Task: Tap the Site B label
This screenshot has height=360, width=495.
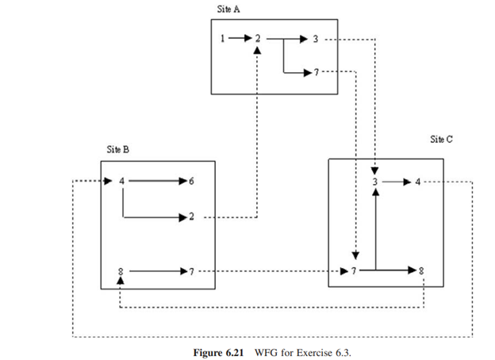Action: click(x=118, y=148)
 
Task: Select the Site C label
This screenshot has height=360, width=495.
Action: click(x=442, y=139)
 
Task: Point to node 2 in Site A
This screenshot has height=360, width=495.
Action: click(x=258, y=37)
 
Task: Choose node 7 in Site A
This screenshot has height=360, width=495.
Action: click(x=316, y=73)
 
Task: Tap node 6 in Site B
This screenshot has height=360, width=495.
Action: click(x=191, y=182)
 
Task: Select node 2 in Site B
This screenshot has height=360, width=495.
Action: click(x=191, y=216)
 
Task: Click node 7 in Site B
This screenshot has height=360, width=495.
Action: click(x=191, y=272)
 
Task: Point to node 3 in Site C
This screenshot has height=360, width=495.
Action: click(x=375, y=182)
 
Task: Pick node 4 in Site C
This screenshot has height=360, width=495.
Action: click(x=417, y=182)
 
